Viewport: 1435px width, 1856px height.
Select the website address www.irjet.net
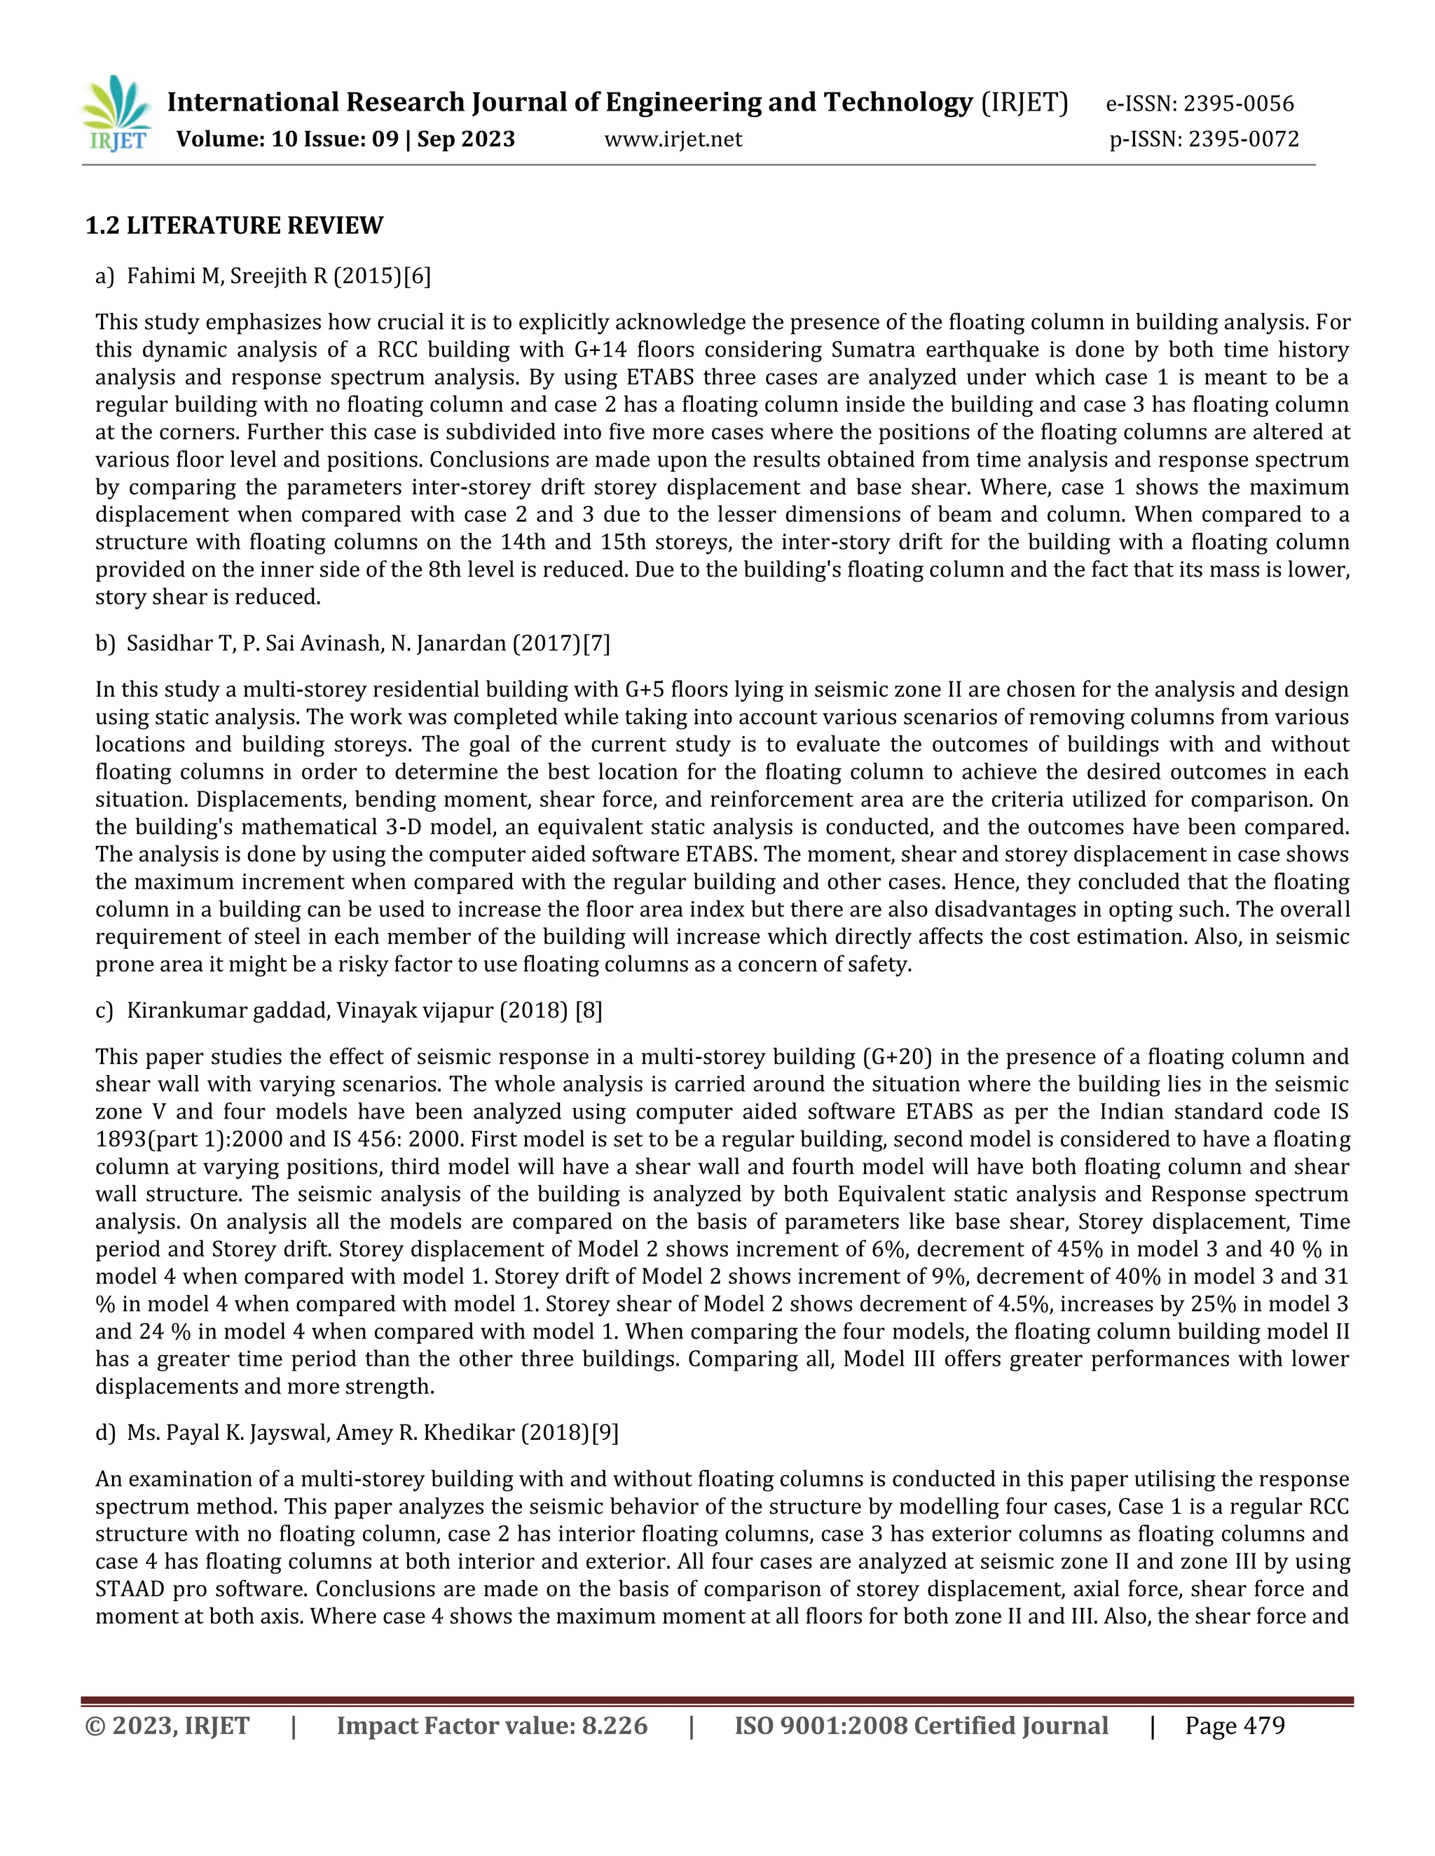673,139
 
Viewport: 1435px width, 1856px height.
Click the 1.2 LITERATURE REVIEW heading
234,226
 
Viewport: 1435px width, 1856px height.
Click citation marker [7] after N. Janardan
596,644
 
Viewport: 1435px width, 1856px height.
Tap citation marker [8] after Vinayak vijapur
589,1011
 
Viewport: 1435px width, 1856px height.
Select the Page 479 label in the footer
1235,1726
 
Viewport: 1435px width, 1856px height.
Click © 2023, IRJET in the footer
167,1726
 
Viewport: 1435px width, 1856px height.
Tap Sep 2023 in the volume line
466,139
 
